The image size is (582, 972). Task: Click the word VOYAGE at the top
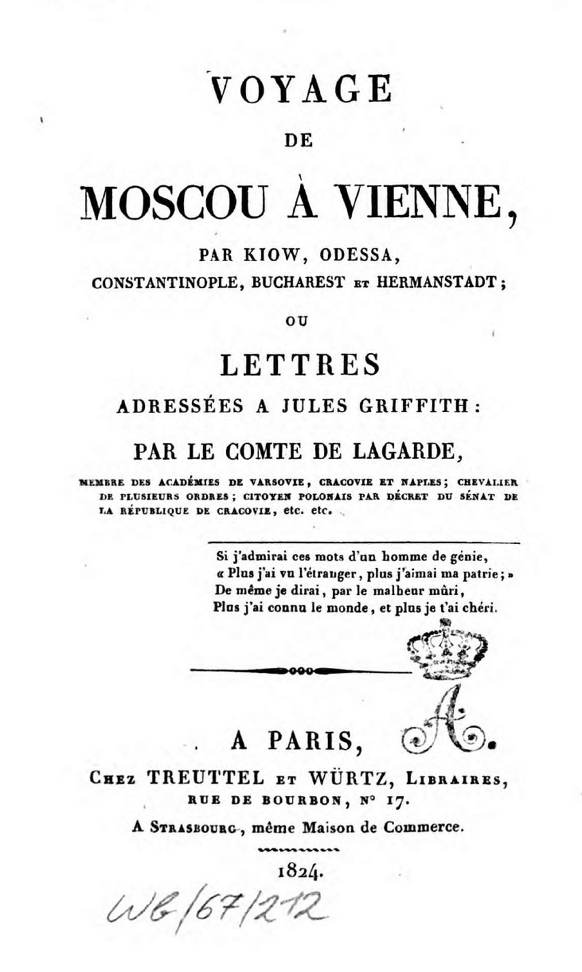point(302,89)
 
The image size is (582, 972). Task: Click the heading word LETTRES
point(300,366)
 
